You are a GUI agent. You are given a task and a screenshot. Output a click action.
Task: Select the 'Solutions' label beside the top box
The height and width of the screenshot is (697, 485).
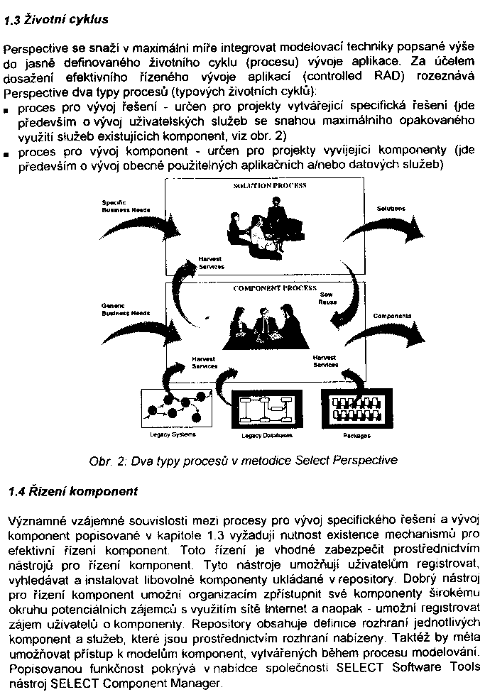[x=391, y=209]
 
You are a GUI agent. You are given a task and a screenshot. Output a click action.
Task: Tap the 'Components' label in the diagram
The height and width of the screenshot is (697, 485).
[x=392, y=315]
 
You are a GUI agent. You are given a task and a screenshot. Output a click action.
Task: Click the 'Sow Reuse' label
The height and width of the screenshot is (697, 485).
[x=327, y=297]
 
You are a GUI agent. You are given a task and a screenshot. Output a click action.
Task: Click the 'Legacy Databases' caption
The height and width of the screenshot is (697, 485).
[x=267, y=435]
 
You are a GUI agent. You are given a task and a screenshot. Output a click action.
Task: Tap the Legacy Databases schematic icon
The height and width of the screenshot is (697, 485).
[x=268, y=409]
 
